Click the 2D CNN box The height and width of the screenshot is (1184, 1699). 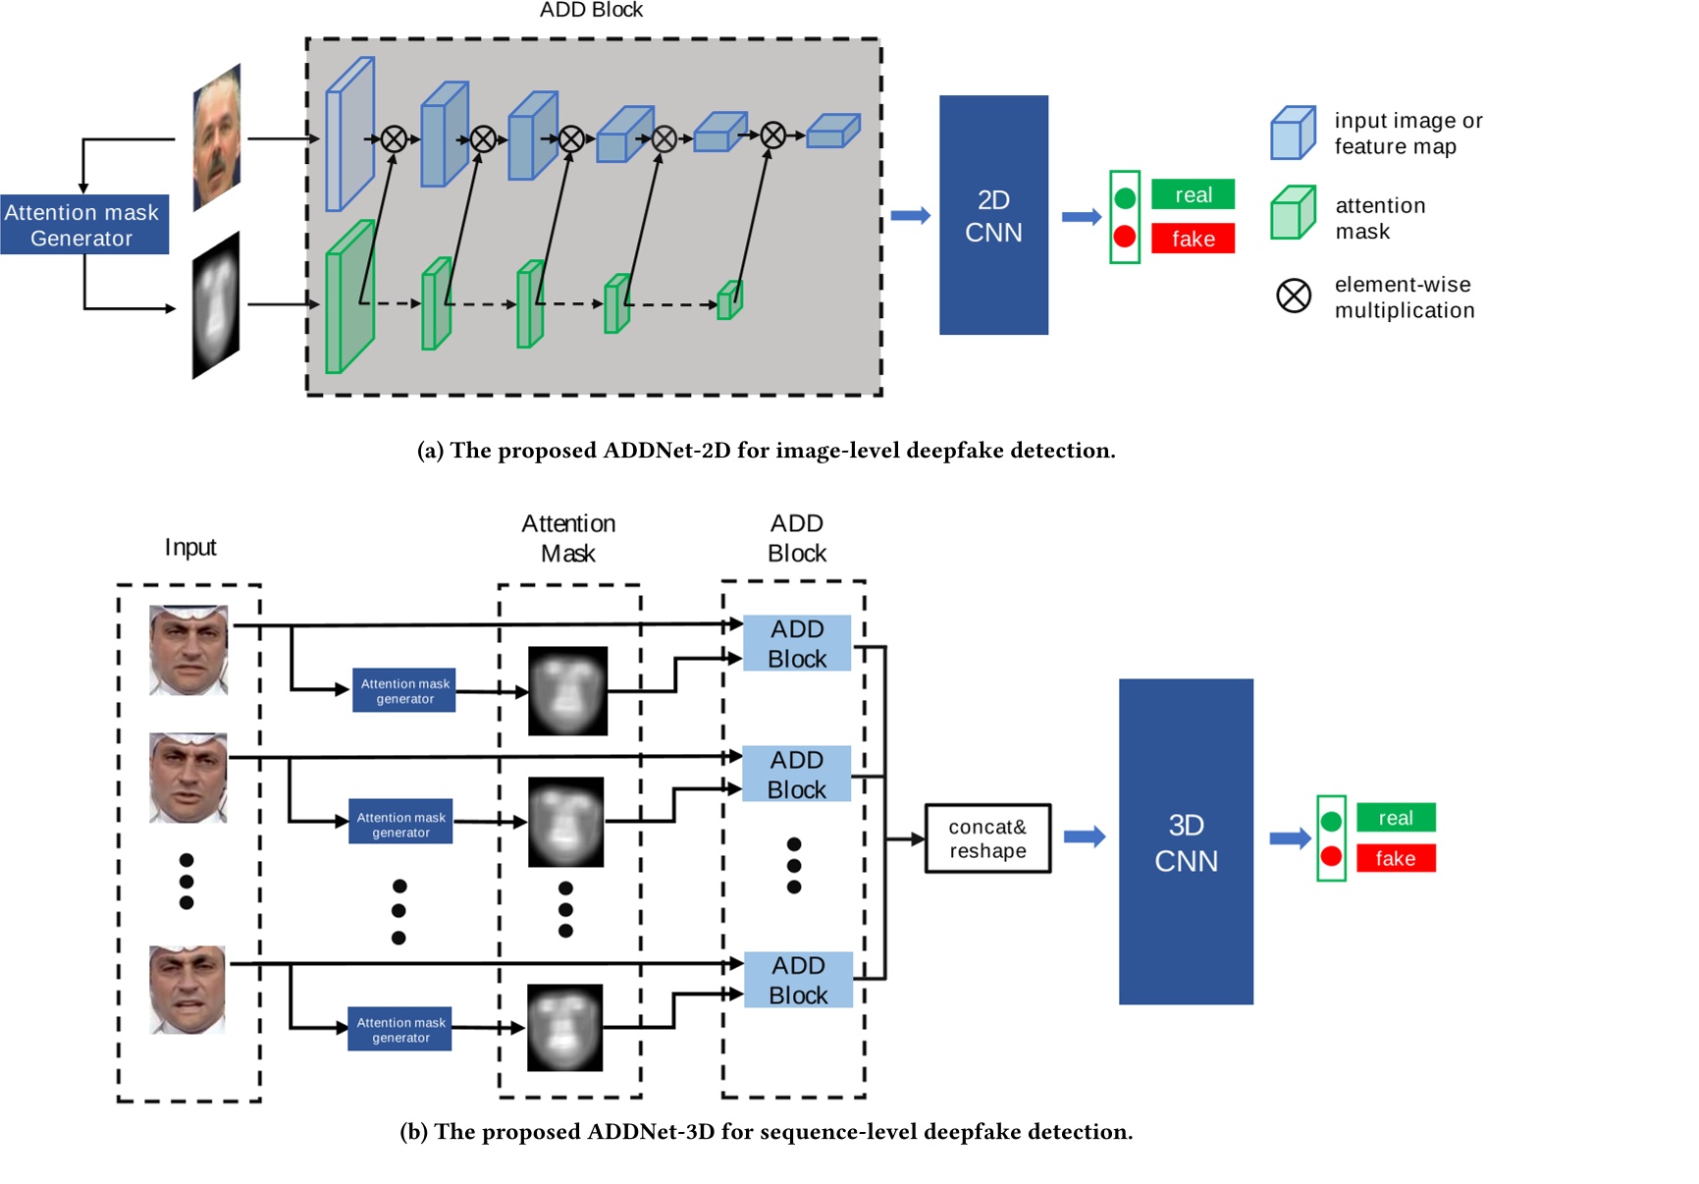point(992,215)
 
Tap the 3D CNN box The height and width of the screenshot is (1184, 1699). point(1185,841)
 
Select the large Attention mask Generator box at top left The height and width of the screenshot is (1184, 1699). point(83,225)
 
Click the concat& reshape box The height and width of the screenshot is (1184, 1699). point(987,838)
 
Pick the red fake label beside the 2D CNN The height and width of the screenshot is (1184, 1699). point(1192,239)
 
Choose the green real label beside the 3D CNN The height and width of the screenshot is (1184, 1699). point(1395,818)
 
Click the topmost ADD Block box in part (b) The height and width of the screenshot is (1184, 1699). point(796,644)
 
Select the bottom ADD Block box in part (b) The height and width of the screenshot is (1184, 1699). point(797,980)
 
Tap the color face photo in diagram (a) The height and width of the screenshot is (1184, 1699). point(217,137)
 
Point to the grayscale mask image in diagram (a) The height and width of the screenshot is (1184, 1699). point(216,305)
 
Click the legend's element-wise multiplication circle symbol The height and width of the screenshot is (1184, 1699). point(1293,296)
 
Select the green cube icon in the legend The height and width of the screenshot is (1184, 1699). point(1292,213)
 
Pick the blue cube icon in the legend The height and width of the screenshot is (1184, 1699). point(1292,133)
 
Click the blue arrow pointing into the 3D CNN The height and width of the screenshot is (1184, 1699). point(1084,836)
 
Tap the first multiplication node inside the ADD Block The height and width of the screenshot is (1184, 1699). point(394,139)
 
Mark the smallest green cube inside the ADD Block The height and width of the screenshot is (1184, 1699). point(729,300)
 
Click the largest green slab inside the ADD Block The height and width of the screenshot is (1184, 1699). point(348,297)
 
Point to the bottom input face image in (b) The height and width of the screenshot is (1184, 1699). point(187,990)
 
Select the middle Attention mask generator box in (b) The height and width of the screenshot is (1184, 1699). point(400,825)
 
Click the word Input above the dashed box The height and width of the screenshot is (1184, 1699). point(190,547)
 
